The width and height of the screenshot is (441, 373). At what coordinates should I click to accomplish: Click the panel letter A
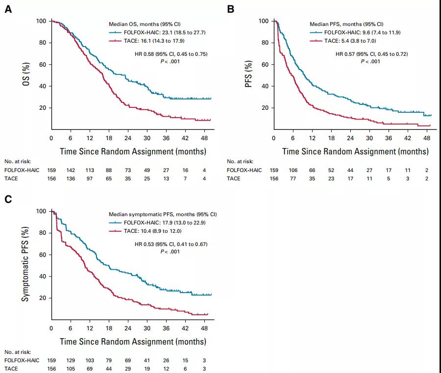8,9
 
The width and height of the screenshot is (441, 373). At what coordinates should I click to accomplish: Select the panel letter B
231,9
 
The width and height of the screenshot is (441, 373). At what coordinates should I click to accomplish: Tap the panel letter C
8,199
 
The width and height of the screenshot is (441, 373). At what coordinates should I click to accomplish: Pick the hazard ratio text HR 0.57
372,54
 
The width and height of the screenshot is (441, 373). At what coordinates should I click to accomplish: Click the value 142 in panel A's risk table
71,170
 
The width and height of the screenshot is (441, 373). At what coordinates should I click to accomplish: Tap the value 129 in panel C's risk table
71,361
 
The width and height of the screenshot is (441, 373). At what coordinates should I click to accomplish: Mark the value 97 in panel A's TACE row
90,178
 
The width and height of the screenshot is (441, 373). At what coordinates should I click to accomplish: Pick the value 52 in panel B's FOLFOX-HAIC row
332,170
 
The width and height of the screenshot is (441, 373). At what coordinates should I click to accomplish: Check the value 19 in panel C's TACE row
147,369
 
